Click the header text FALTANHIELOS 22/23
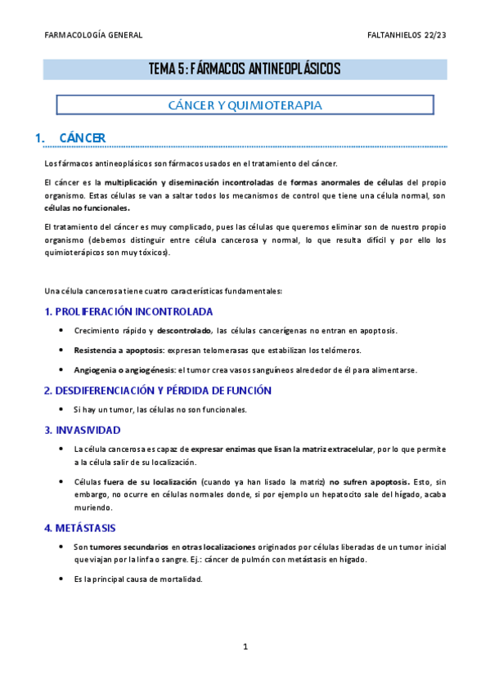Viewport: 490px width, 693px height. coord(407,35)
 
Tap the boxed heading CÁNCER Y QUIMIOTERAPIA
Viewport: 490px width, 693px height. coord(245,105)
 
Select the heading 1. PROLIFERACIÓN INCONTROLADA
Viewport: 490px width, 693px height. coord(128,311)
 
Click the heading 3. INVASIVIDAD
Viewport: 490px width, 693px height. coord(82,430)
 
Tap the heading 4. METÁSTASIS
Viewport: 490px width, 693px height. coord(79,528)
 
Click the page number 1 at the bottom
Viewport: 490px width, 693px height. coord(245,647)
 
